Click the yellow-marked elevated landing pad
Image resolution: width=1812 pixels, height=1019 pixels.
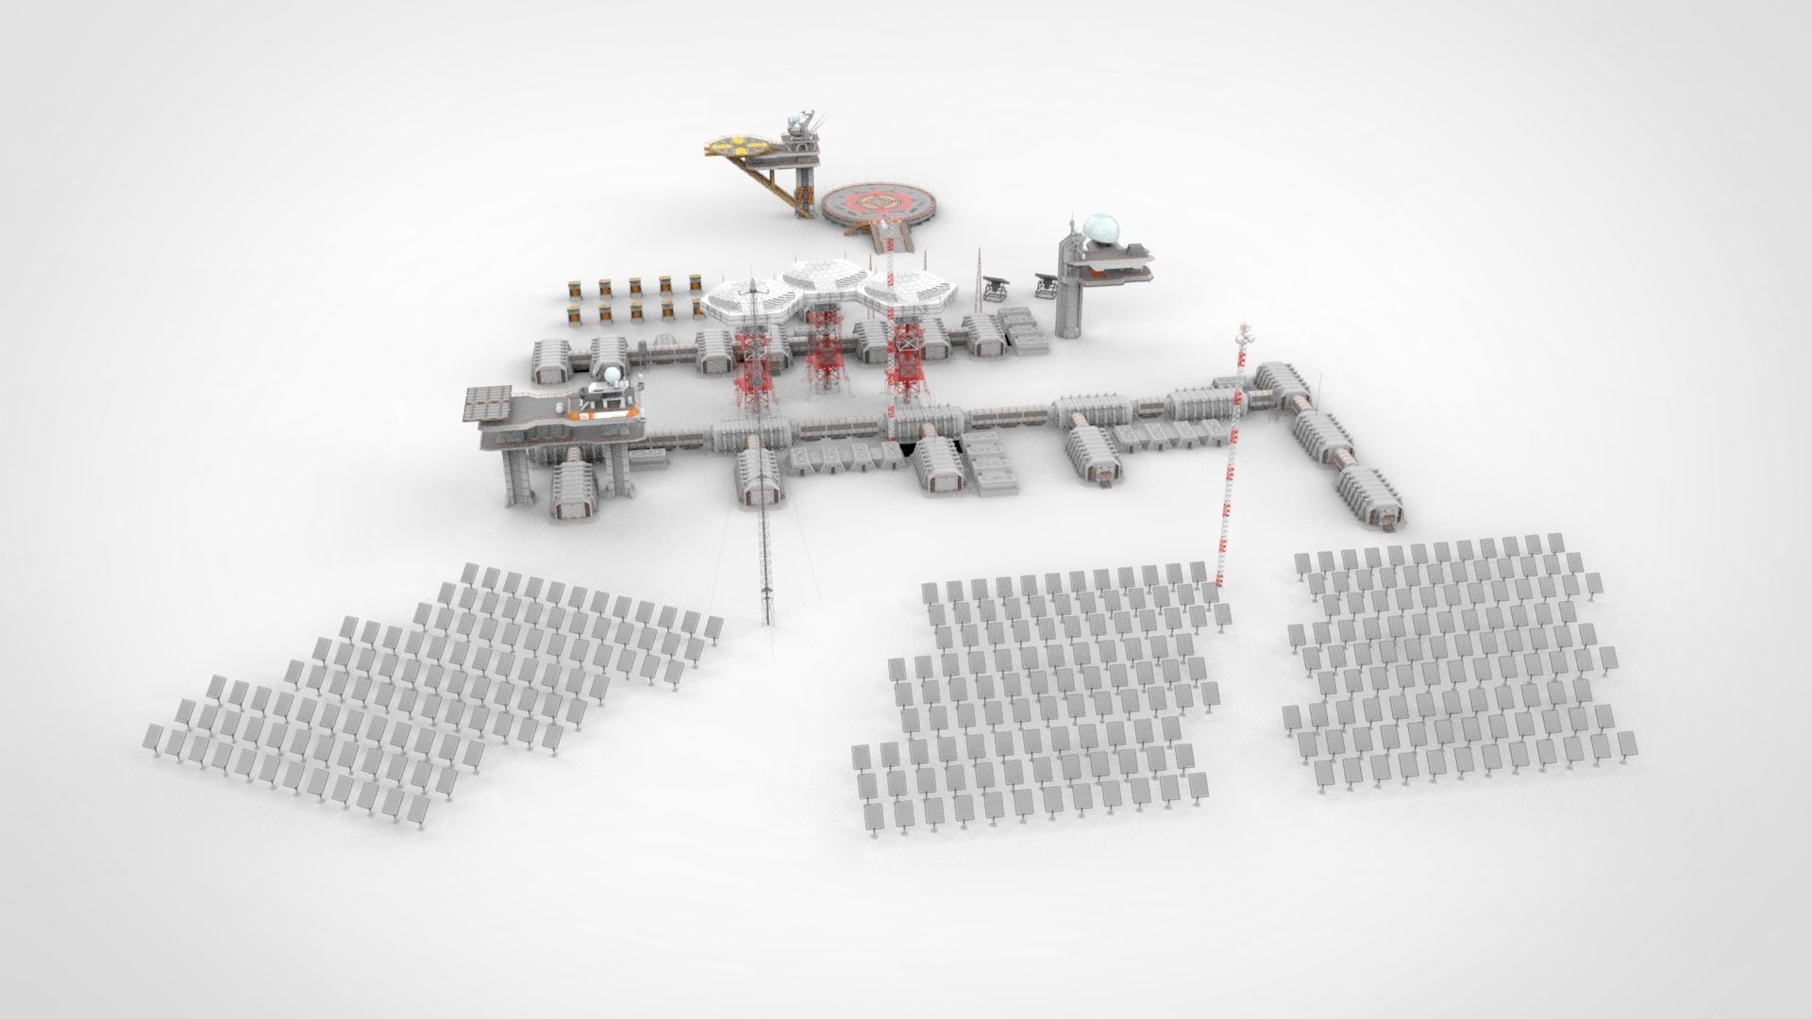coord(739,145)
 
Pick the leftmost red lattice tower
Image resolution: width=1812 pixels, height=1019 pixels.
coord(756,363)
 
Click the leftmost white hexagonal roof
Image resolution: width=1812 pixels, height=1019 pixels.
coord(750,299)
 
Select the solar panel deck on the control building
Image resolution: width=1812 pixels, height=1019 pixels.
coord(488,403)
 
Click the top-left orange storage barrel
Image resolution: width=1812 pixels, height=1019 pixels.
coord(573,287)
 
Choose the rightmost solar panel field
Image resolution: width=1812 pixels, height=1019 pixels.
coord(1444,660)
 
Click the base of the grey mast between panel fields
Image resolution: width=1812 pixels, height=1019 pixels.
coord(767,618)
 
